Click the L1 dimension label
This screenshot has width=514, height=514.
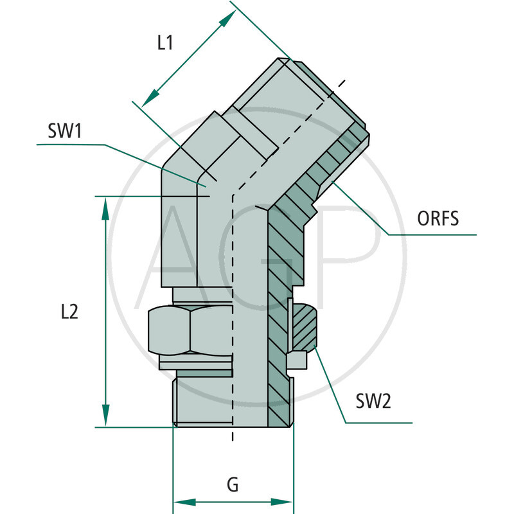[165, 44]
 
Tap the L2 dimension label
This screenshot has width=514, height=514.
[69, 312]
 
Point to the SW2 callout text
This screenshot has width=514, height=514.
[373, 402]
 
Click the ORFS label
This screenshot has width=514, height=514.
[438, 218]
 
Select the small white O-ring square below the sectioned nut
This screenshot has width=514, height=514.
[297, 361]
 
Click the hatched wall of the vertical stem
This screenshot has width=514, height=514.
[278, 321]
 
